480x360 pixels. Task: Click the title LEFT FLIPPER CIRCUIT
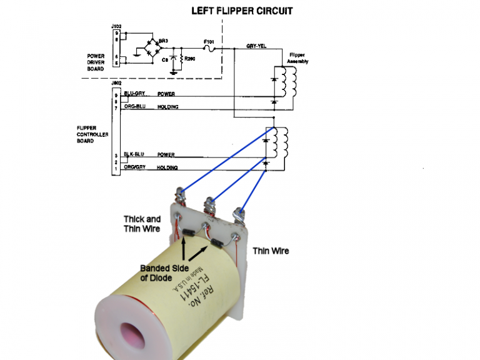click(241, 11)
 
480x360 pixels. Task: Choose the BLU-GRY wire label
click(135, 94)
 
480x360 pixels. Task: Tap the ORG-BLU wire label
click(135, 106)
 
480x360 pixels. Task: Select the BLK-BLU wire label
click(135, 154)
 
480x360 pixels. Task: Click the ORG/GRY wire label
click(135, 167)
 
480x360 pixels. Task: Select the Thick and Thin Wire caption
click(142, 223)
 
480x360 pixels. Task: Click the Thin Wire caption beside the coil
click(271, 251)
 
